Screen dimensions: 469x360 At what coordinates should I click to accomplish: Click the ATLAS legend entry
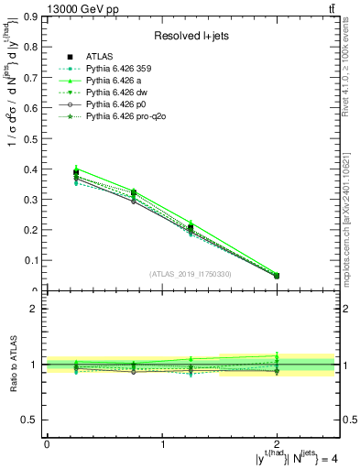(x=98, y=56)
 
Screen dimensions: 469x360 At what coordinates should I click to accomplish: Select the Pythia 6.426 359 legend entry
(x=113, y=69)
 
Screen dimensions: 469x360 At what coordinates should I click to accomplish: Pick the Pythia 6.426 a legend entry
(x=108, y=81)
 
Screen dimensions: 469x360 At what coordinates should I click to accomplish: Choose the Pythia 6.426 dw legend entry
(x=110, y=93)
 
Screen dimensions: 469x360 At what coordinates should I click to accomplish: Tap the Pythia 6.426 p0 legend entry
(x=109, y=104)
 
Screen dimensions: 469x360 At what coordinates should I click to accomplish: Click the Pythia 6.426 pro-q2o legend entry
(x=117, y=116)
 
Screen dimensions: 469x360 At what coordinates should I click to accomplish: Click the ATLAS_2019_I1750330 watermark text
(x=191, y=274)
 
